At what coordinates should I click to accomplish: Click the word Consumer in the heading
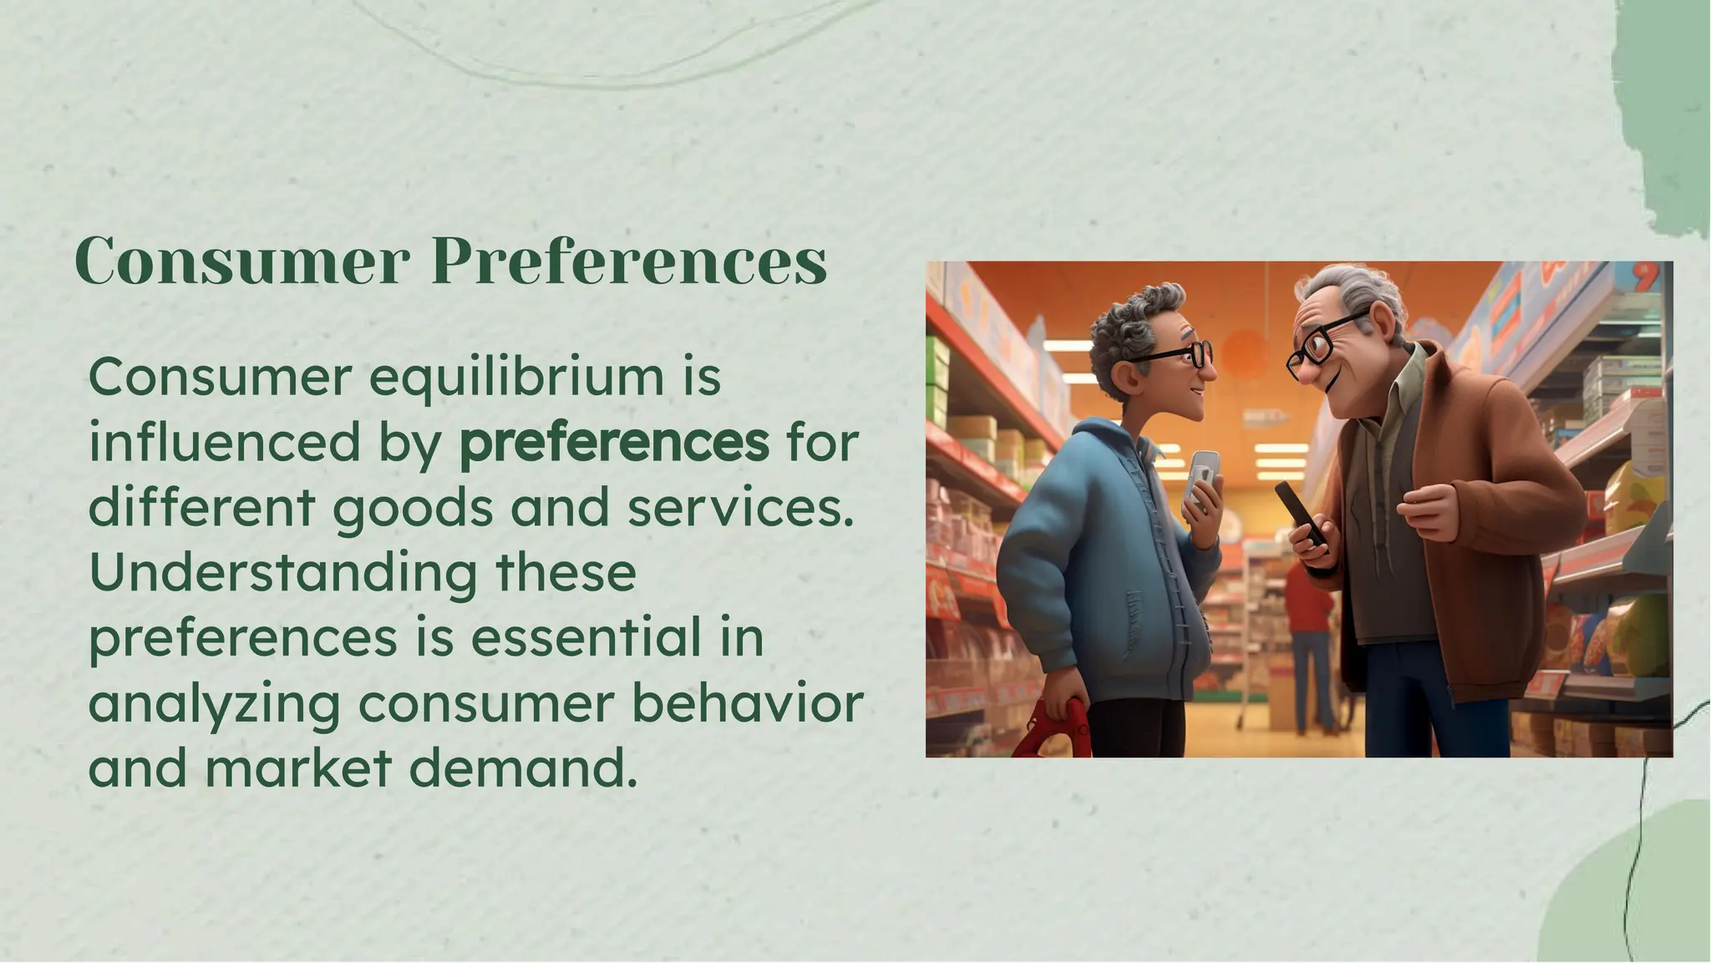click(x=242, y=261)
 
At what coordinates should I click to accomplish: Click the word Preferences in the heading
click(x=628, y=261)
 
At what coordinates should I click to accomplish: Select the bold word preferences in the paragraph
click(x=614, y=443)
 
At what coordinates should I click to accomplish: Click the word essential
click(x=586, y=638)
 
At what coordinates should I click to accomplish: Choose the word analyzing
click(x=214, y=704)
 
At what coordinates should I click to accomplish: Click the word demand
click(x=518, y=768)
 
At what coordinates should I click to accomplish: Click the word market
click(x=298, y=768)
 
